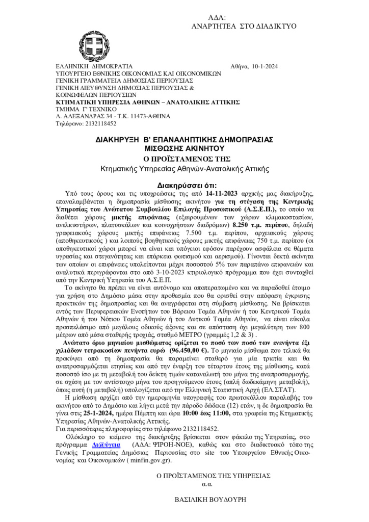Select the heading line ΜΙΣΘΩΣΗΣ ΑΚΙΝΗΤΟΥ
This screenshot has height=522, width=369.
tap(184, 148)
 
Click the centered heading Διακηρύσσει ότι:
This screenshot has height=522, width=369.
tap(184, 186)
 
